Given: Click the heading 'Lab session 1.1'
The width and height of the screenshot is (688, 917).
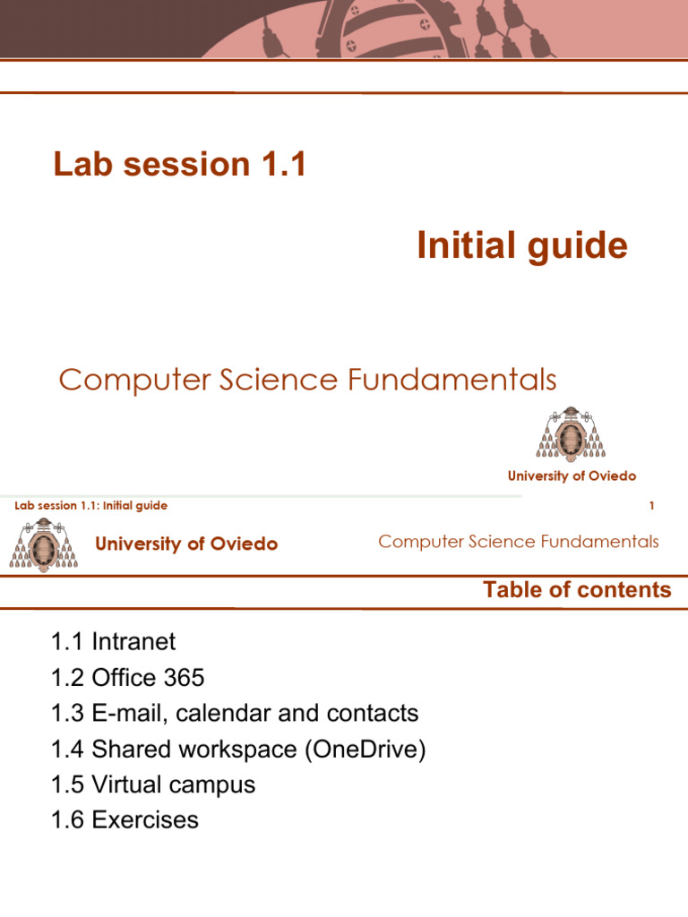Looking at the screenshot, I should (179, 164).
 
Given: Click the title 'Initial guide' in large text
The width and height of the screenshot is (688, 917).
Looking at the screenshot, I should (521, 245).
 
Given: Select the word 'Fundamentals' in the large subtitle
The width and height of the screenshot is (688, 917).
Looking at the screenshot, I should (464, 381).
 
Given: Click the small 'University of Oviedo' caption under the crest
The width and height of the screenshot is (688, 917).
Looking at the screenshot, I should (572, 476).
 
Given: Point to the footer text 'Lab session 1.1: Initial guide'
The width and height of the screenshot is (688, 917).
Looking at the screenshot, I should (91, 506).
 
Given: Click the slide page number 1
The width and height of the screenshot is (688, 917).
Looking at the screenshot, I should (651, 506).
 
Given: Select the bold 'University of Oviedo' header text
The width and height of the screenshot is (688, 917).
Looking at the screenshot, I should (186, 544).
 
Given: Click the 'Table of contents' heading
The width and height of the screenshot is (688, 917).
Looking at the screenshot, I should (577, 590).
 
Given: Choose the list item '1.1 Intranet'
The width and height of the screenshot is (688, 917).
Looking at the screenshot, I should (114, 642).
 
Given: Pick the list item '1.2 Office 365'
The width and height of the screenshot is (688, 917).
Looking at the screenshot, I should (128, 678).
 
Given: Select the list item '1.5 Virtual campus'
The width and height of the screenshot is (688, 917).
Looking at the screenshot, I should (153, 785).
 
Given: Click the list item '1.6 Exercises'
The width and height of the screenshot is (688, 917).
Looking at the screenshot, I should (125, 820).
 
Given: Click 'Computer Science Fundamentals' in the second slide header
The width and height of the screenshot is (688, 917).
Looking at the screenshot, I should (518, 542).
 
